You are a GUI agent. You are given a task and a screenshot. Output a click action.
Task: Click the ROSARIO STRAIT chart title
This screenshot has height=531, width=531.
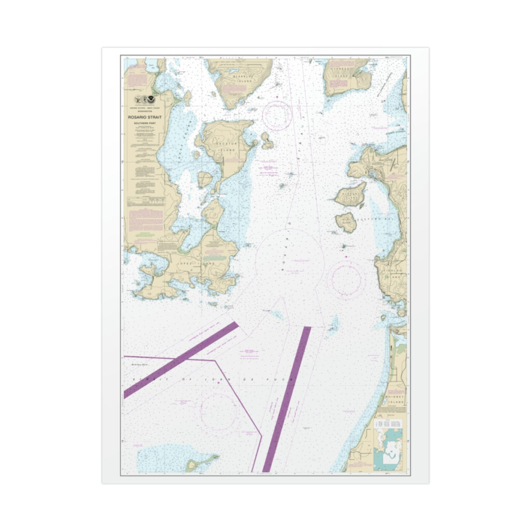(142, 117)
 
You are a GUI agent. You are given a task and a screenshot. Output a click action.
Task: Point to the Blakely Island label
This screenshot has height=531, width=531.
(242, 76)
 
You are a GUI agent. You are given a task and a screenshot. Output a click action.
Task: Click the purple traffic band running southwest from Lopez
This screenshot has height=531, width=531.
(181, 360)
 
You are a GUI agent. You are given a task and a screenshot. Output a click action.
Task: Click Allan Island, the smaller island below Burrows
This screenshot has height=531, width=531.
(346, 222)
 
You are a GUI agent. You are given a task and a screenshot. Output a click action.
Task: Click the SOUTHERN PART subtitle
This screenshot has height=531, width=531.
(142, 123)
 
